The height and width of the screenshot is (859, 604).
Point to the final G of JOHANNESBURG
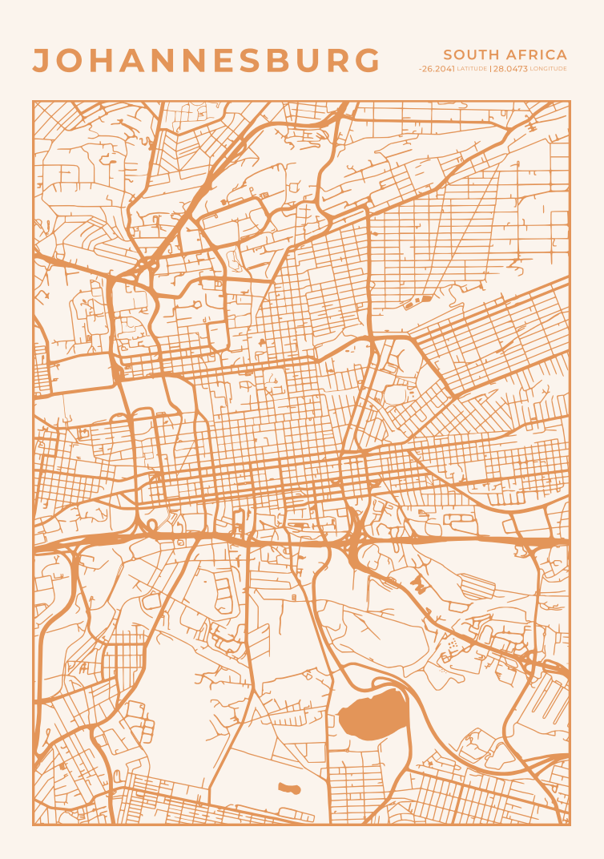(x=366, y=61)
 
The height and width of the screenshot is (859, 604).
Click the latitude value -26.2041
(x=437, y=69)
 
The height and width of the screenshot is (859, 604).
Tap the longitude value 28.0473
(x=510, y=69)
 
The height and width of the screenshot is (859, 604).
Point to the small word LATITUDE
(x=472, y=70)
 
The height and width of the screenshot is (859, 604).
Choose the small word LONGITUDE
(x=549, y=70)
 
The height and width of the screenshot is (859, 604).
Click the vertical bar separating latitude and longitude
(x=489, y=69)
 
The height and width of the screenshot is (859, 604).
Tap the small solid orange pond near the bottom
(x=289, y=788)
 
